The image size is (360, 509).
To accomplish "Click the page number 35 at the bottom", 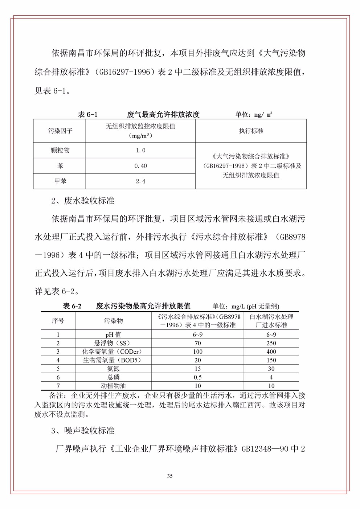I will (169, 476).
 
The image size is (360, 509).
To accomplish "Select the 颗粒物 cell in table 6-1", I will (60, 150).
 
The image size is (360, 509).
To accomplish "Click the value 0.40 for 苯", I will (140, 166).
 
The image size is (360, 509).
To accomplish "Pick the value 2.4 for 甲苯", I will (140, 181).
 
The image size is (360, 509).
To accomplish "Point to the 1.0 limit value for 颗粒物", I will (140, 150).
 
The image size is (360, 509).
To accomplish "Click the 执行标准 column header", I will (251, 131).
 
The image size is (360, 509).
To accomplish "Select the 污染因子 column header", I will (60, 131).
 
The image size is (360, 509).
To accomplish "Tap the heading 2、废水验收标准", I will (83, 201).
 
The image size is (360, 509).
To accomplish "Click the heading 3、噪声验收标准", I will (83, 431).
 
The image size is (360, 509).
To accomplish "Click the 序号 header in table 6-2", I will (58, 321).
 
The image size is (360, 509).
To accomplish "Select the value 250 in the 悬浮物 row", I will (271, 343).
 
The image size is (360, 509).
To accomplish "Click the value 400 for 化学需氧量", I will (271, 352).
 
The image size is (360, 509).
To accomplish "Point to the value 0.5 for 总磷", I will (198, 377).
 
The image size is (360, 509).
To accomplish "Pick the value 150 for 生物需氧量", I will (271, 360).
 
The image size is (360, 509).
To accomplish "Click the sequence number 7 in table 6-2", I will (58, 386).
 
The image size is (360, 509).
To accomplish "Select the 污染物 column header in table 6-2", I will (114, 321).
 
